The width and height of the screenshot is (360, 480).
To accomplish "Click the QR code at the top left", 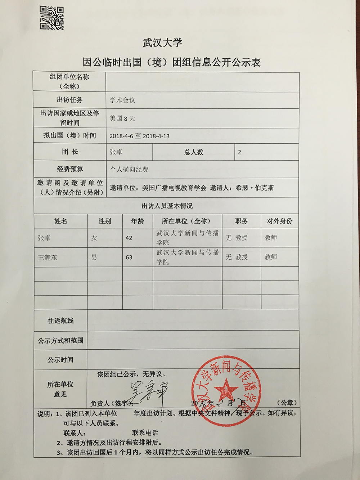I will point(51,18).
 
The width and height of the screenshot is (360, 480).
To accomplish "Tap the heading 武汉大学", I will point(162,43).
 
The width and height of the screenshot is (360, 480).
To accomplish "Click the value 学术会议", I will point(122,100).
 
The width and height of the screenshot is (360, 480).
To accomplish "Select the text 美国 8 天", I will point(122,118).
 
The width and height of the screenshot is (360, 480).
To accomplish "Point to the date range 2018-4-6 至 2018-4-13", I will point(139,136).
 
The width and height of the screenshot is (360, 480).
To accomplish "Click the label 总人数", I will point(194,152).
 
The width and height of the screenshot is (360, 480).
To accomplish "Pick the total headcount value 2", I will point(240,152).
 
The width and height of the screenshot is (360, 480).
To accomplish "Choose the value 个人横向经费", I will point(129,169).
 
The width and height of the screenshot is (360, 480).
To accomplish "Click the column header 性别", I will point(105,221).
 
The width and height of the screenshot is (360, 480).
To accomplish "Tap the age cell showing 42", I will point(129,238).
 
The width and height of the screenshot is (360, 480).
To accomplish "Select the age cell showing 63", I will point(129,257).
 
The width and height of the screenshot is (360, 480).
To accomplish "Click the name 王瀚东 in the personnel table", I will point(48,257).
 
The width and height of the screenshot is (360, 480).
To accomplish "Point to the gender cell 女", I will point(94,238).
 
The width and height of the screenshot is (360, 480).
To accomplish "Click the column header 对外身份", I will point(279,221).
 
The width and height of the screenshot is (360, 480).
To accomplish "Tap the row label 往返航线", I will point(60,320).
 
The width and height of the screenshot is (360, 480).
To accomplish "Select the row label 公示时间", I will point(60,360).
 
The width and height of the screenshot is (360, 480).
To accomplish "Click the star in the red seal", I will point(226,389).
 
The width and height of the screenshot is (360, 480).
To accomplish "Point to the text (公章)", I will point(287,403).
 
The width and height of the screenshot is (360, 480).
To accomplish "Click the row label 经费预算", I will point(70,169).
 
